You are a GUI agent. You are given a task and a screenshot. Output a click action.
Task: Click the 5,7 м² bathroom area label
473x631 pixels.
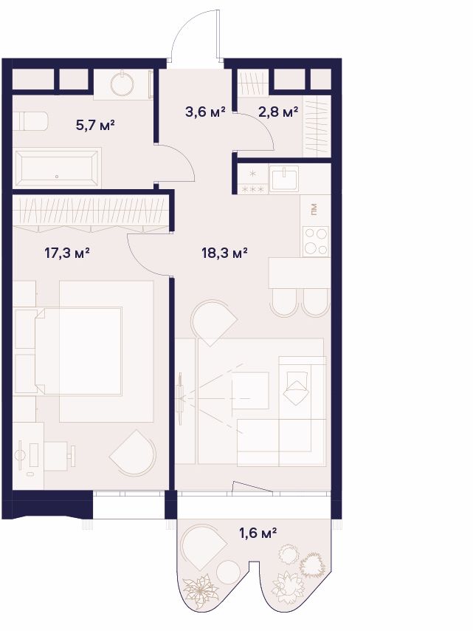coord(95,125)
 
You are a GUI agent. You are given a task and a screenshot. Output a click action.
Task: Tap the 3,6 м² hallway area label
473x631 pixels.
coord(205,112)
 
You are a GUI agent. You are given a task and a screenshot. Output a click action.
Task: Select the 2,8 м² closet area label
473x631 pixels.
coord(278,112)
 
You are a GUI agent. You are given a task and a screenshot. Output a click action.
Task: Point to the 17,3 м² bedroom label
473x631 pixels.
coord(66,253)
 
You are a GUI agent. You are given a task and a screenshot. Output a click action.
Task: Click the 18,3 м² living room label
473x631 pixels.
coord(224,253)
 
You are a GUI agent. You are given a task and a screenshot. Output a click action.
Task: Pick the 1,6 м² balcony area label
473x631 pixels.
coord(258,533)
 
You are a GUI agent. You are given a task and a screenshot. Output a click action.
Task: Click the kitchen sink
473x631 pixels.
coord(284,179)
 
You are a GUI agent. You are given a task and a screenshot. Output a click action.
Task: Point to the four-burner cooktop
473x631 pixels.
coord(316,241)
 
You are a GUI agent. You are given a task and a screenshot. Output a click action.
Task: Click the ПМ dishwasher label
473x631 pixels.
coord(314,209)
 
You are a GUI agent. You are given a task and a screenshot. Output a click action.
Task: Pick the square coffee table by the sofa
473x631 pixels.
coord(250,391)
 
